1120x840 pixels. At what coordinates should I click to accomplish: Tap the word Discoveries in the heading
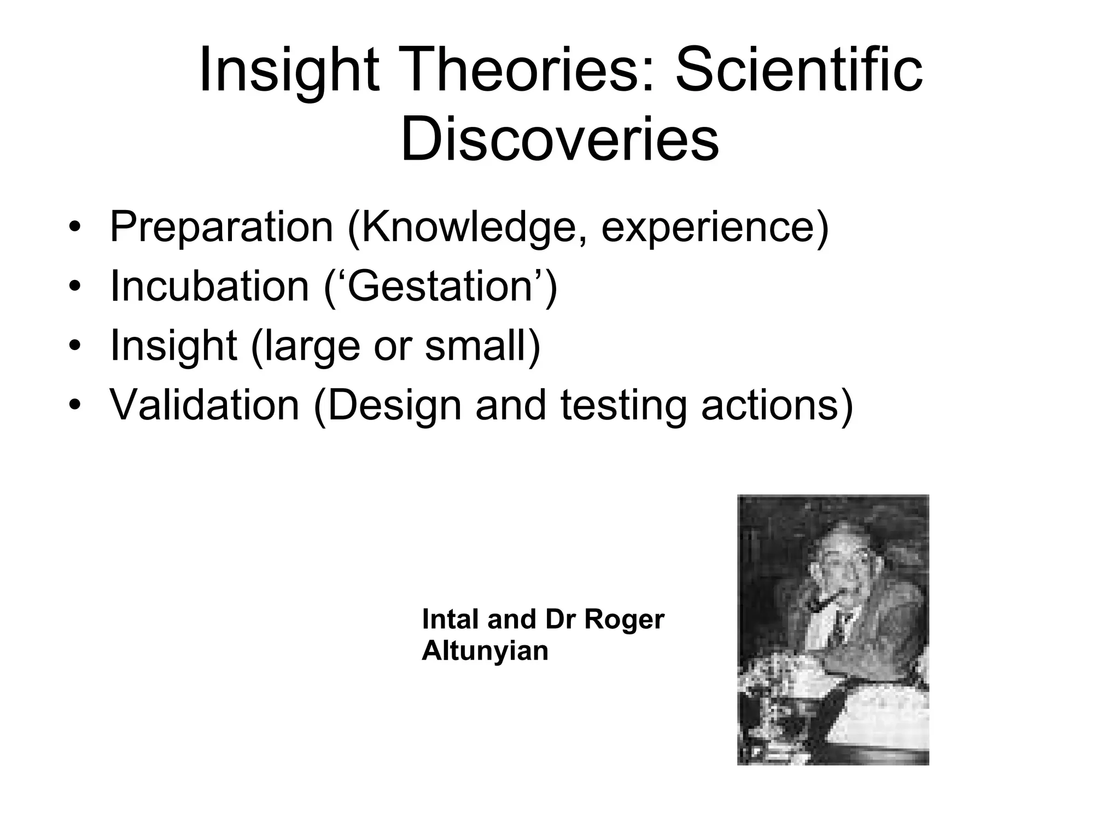559,139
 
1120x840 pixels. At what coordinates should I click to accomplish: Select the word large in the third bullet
312,345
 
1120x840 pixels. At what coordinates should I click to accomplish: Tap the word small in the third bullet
477,345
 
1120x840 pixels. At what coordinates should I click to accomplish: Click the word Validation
205,405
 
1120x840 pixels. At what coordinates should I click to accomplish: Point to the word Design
395,405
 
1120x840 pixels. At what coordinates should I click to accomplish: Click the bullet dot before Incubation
75,287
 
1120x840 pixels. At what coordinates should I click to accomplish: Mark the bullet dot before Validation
75,406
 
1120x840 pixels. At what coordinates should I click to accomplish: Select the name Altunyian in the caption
485,651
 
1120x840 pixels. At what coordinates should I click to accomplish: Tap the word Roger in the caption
624,620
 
